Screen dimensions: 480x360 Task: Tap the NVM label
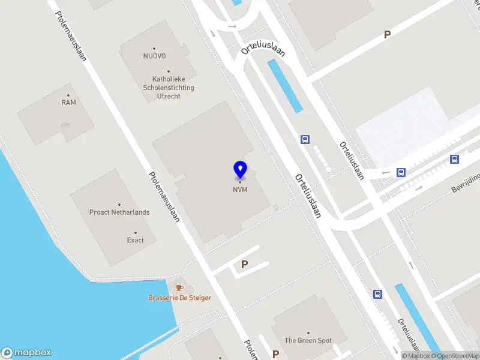tap(240, 190)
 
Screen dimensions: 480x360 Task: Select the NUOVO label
tap(154, 57)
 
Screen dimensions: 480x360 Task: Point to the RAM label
tap(68, 103)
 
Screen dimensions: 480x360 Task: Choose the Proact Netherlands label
tap(119, 212)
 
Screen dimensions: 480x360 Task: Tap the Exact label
tap(135, 240)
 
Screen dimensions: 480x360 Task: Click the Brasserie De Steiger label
tap(179, 298)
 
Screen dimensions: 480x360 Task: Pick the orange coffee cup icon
tap(179, 288)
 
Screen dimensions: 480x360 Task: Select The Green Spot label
tap(308, 341)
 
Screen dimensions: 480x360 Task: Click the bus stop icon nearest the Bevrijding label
tap(455, 159)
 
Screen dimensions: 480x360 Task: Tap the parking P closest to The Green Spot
tap(275, 354)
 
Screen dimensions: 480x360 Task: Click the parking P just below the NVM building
tap(244, 264)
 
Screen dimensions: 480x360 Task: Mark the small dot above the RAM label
tap(68, 95)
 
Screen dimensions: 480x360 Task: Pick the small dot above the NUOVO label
tap(154, 49)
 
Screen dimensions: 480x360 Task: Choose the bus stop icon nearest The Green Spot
tap(378, 294)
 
